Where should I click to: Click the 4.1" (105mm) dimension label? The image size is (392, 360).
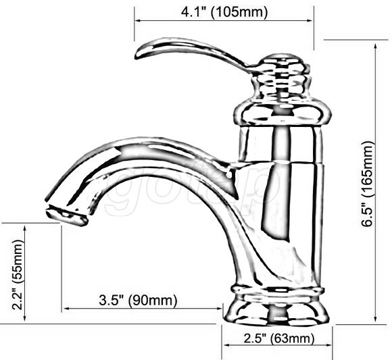tap(224, 11)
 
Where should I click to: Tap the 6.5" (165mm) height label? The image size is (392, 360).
tap(368, 184)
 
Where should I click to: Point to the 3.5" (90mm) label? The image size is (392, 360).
tap(138, 299)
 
